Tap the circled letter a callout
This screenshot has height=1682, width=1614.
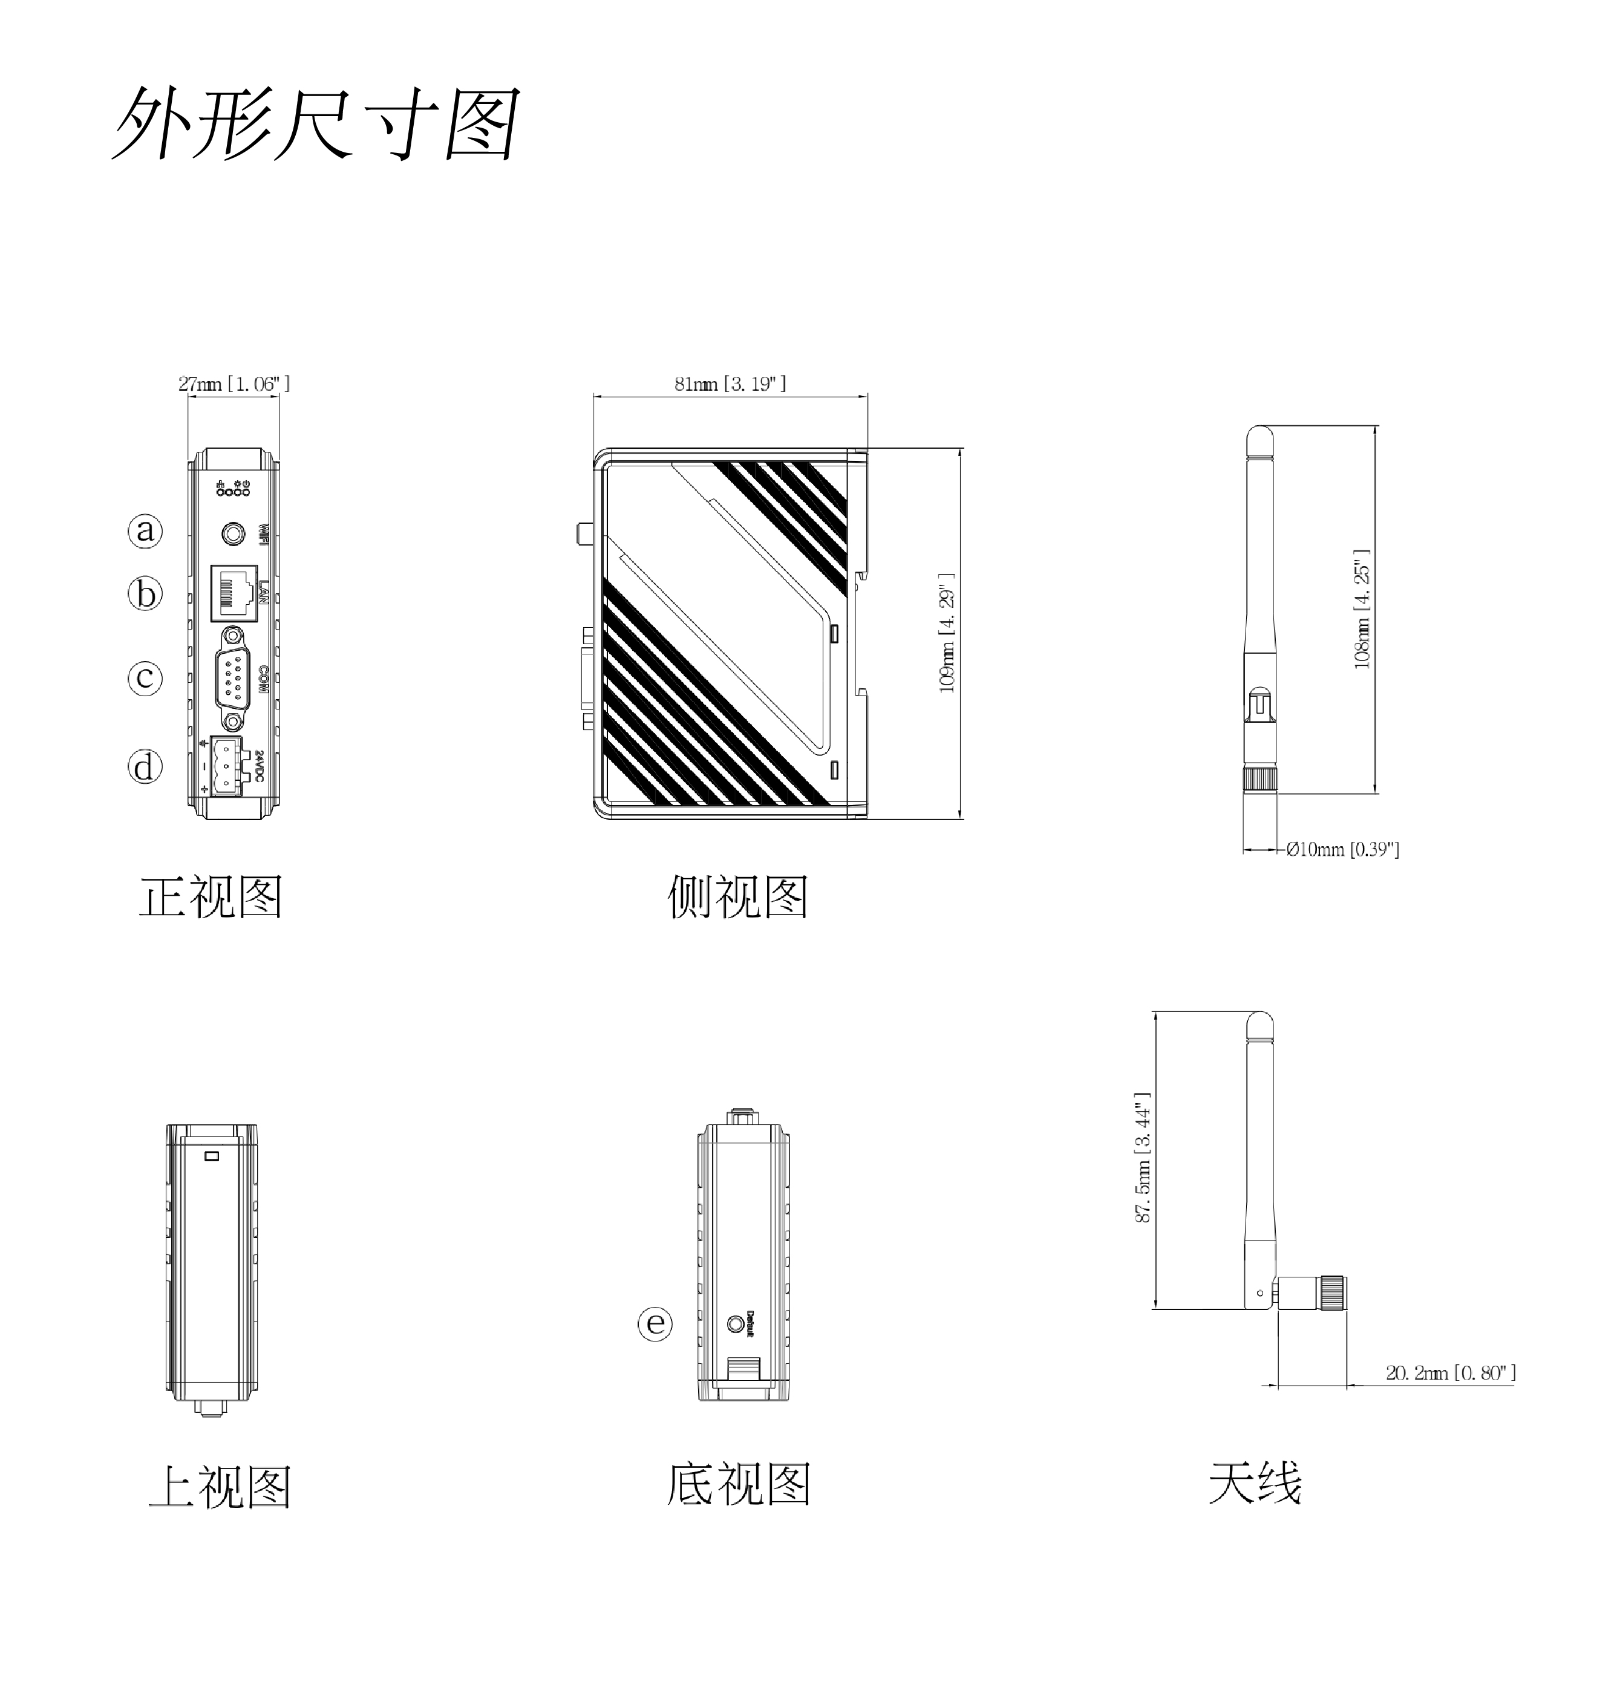145,530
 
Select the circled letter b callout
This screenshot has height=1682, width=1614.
145,593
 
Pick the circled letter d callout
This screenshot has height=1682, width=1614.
145,766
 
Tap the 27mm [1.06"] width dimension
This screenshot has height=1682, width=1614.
234,383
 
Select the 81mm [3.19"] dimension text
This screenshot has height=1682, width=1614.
730,383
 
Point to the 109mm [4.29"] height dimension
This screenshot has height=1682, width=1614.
947,633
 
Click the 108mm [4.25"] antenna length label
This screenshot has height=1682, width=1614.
1362,609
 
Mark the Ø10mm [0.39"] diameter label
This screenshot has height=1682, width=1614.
1342,850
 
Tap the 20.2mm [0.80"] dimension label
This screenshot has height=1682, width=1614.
1450,1372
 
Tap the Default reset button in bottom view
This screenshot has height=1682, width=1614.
735,1323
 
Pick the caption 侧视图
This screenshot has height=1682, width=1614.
737,897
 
